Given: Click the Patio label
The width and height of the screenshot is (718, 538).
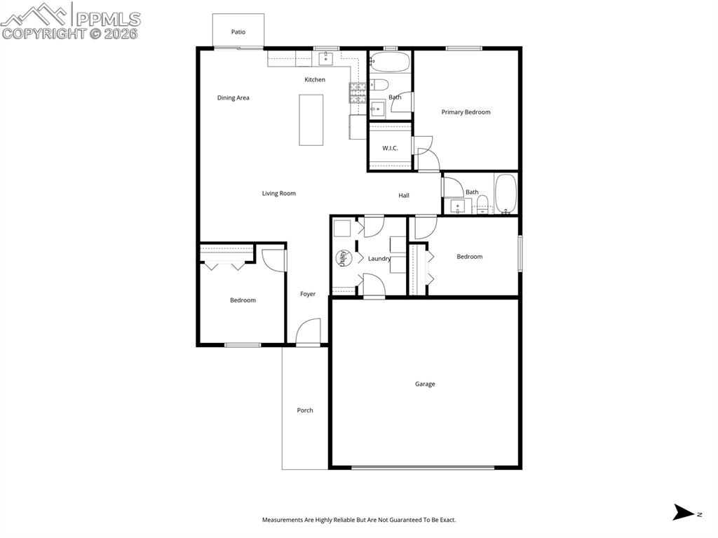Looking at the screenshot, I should tap(238, 32).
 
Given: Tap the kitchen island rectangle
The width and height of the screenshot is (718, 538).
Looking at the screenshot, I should tap(311, 120).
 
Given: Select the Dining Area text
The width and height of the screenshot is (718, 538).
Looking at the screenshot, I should tap(233, 98).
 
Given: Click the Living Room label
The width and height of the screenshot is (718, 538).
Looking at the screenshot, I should tap(279, 194).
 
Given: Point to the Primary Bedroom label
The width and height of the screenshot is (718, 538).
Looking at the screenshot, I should tap(466, 112).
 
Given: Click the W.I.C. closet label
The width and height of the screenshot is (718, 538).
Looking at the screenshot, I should tap(390, 149).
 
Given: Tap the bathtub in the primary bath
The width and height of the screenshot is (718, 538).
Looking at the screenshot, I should tap(390, 63).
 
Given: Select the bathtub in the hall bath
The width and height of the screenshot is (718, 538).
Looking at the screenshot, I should tap(505, 194).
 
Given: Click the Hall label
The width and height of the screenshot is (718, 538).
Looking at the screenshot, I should tap(404, 196).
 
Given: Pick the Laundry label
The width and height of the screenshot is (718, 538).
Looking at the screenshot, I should tap(379, 259).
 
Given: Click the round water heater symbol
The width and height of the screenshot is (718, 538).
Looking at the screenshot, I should tap(343, 258).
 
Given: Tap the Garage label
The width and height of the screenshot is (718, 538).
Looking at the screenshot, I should tap(425, 384).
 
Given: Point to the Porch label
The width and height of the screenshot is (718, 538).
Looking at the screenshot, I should tap(305, 410).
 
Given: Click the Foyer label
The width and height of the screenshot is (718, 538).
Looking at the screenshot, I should tap(308, 295).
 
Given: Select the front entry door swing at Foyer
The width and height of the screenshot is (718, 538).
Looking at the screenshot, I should tap(306, 332).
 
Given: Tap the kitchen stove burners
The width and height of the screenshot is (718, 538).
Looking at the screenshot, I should tap(358, 93).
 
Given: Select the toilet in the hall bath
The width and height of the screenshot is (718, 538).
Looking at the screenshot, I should tap(482, 205).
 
